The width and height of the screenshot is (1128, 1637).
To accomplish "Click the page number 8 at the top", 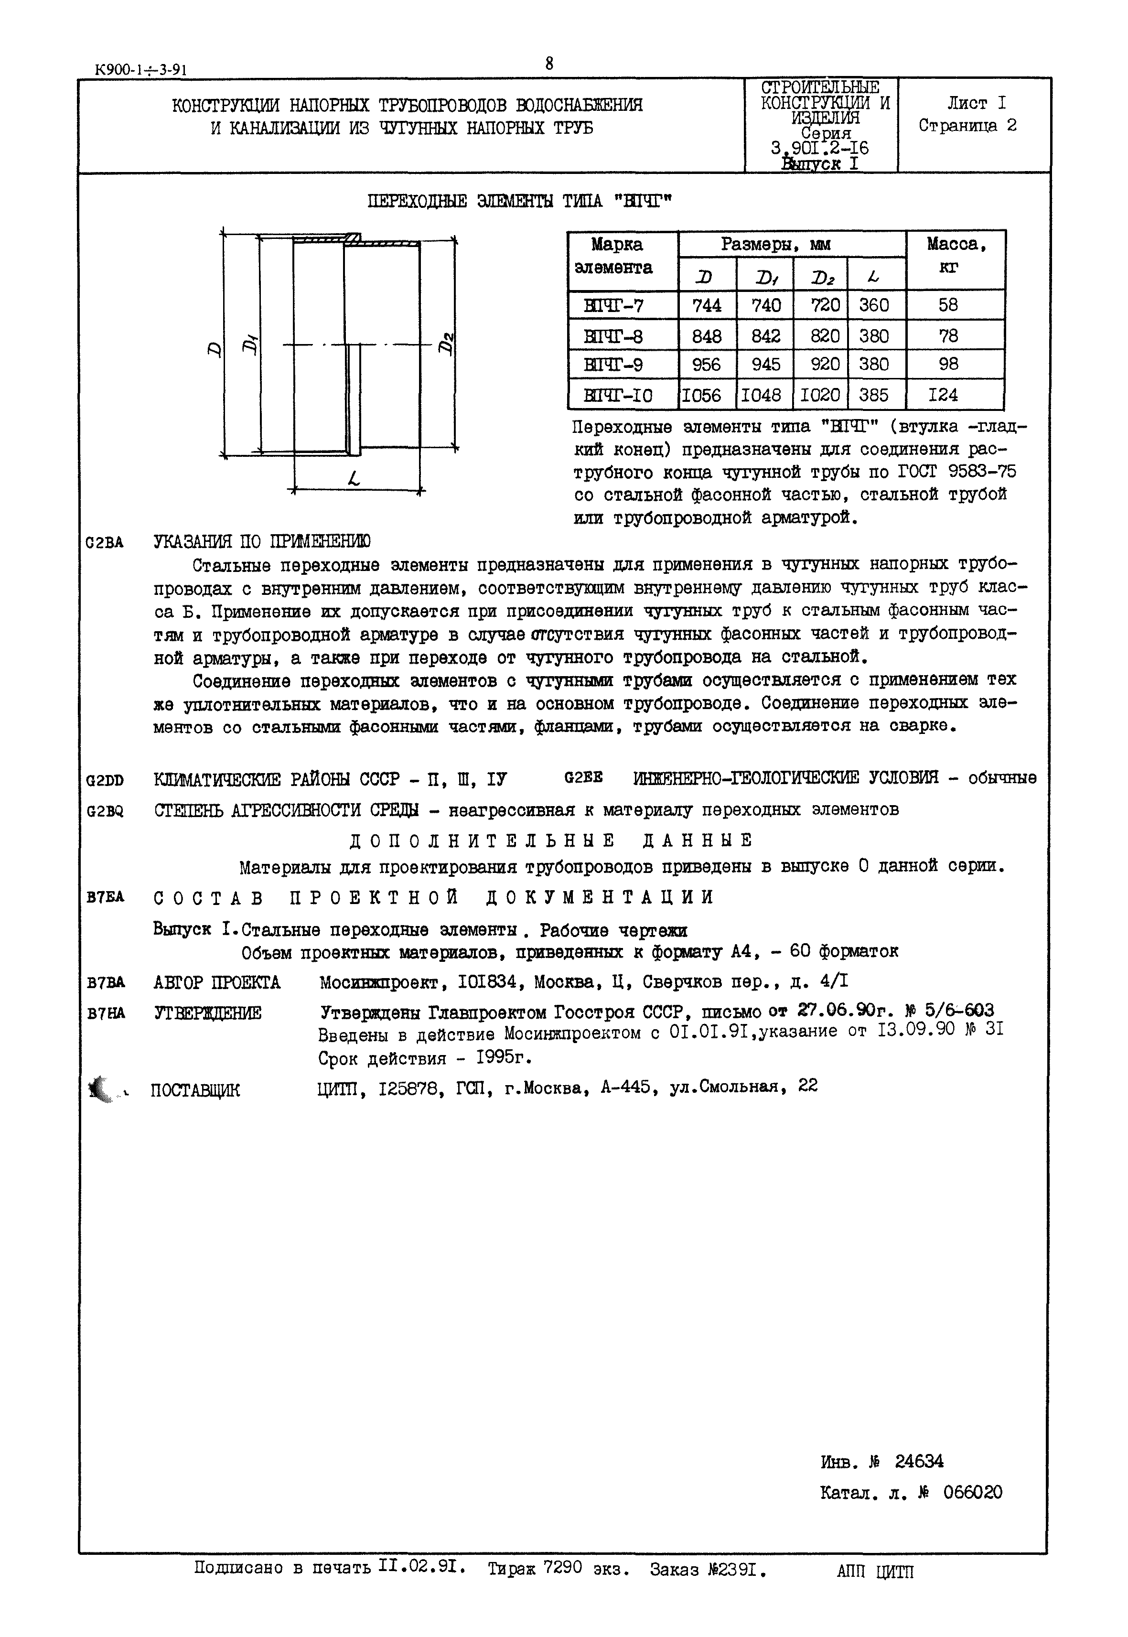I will tap(548, 64).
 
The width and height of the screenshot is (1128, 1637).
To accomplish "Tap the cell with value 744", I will tap(707, 305).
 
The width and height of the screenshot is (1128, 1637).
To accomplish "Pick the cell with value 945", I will tap(765, 365).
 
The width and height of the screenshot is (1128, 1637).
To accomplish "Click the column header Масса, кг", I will tap(955, 256).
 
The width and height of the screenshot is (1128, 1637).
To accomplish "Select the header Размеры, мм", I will tap(775, 245).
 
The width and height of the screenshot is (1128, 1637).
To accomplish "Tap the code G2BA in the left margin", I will tap(104, 543).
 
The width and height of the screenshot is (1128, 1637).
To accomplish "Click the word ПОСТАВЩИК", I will tap(195, 1091).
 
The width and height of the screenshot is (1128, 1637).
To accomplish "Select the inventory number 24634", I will tap(918, 1461).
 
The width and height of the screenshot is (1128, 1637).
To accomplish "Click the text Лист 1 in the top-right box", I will tap(976, 103).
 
